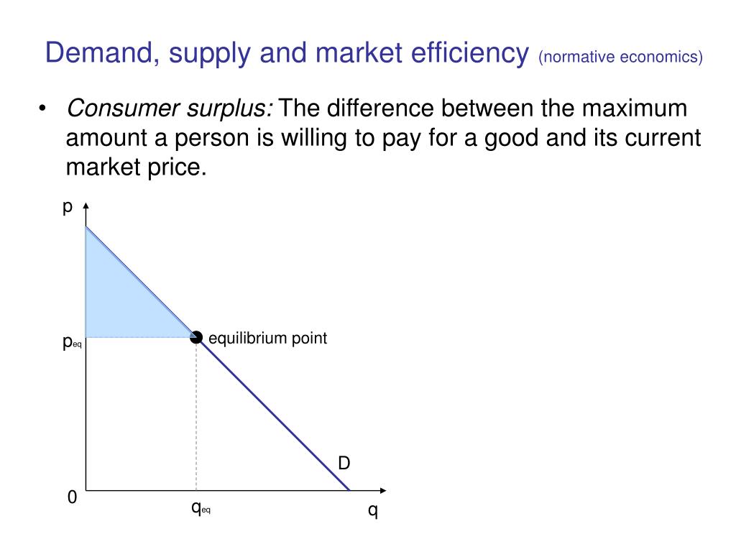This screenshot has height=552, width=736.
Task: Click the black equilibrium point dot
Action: (196, 336)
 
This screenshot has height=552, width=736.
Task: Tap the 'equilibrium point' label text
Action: (267, 338)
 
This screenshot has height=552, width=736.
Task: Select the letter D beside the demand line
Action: (344, 464)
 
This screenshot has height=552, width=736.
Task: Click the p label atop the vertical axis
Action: (68, 208)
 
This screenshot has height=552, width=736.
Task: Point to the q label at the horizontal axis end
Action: (372, 512)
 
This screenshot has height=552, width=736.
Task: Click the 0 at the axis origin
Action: (72, 497)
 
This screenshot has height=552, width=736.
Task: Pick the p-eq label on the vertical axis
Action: (72, 343)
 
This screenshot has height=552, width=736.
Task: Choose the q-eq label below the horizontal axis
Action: (201, 507)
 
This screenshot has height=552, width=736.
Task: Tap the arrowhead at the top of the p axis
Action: (86, 207)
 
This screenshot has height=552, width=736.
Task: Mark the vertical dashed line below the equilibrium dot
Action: (196, 417)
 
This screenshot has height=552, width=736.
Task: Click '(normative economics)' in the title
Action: (620, 56)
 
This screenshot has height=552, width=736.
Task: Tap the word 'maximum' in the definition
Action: (635, 109)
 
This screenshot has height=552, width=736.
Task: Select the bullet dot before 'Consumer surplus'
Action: (43, 110)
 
